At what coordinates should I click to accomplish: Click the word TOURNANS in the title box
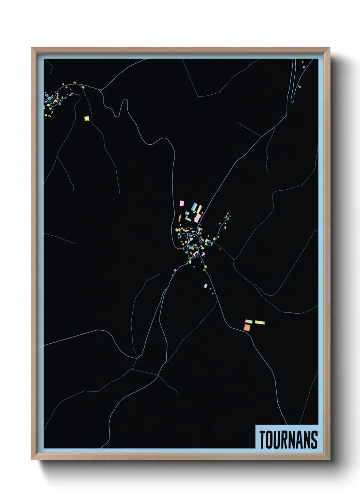coord(289,440)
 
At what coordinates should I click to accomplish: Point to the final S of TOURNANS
coord(314,440)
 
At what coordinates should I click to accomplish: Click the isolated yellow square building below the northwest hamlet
coord(87,119)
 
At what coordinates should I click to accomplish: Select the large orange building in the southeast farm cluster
coord(247,328)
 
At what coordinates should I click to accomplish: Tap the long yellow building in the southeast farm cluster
coord(260,322)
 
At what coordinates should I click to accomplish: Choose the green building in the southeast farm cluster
coord(249,321)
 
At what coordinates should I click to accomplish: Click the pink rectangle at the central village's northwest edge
coord(182,203)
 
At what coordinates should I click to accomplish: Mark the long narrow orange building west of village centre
coord(180,218)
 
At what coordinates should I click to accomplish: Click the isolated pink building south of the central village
coord(206,286)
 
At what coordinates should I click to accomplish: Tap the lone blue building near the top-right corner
coord(300,87)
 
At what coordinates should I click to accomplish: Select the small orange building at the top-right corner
coord(302,62)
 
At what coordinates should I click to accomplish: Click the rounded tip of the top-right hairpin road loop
coord(292,101)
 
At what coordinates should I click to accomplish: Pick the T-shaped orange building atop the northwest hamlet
coord(75,82)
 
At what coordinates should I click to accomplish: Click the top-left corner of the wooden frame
coord(32,48)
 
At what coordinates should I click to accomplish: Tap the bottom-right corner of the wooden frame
coord(329,459)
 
